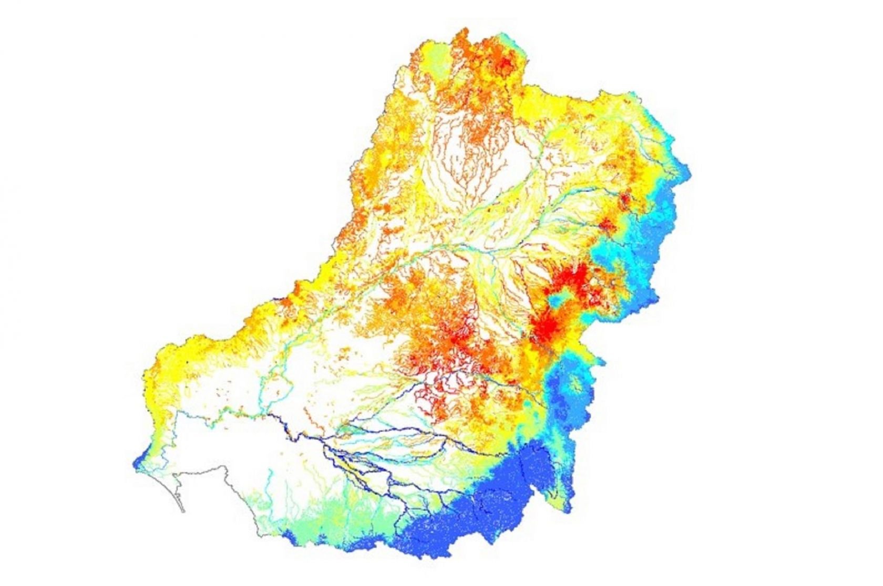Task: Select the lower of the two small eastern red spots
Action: tap(607, 225)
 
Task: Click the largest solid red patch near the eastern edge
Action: tap(547, 328)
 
